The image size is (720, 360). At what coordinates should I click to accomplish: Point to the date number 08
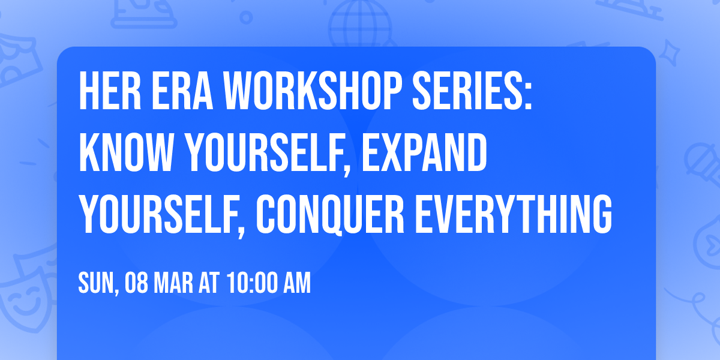[137, 283]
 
